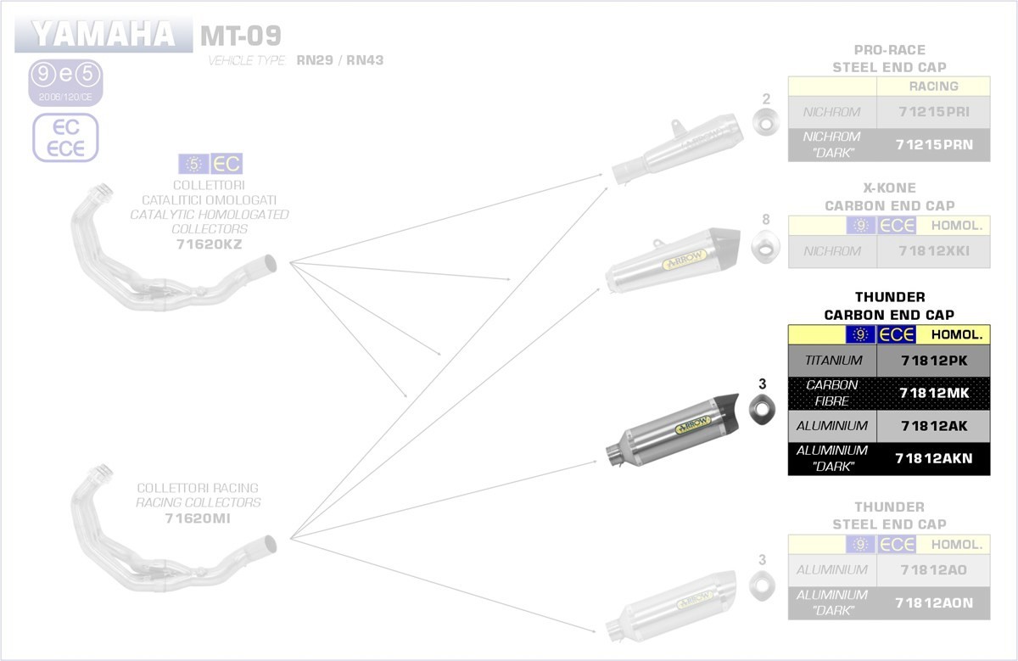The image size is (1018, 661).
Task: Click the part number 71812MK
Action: point(933,392)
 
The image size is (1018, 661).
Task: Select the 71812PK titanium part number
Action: point(933,361)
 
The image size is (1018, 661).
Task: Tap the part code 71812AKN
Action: point(933,459)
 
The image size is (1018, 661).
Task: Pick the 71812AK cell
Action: point(933,426)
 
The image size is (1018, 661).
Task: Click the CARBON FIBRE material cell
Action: point(831,392)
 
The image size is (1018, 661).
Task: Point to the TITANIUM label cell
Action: point(832,361)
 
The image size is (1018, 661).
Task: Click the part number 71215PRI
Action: point(933,112)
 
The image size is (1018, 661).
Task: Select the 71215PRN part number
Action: point(933,144)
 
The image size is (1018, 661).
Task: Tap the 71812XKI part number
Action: point(933,251)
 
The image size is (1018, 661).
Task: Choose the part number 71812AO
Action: point(933,569)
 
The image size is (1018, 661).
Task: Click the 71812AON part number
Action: point(933,602)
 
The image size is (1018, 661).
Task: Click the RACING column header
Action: point(933,86)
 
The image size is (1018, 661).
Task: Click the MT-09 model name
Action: point(240,36)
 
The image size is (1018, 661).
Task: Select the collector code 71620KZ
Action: point(209,244)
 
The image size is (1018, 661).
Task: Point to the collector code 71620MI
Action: point(198,518)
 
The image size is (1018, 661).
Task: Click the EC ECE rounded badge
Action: point(65,137)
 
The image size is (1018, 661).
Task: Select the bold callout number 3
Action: point(762,384)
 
